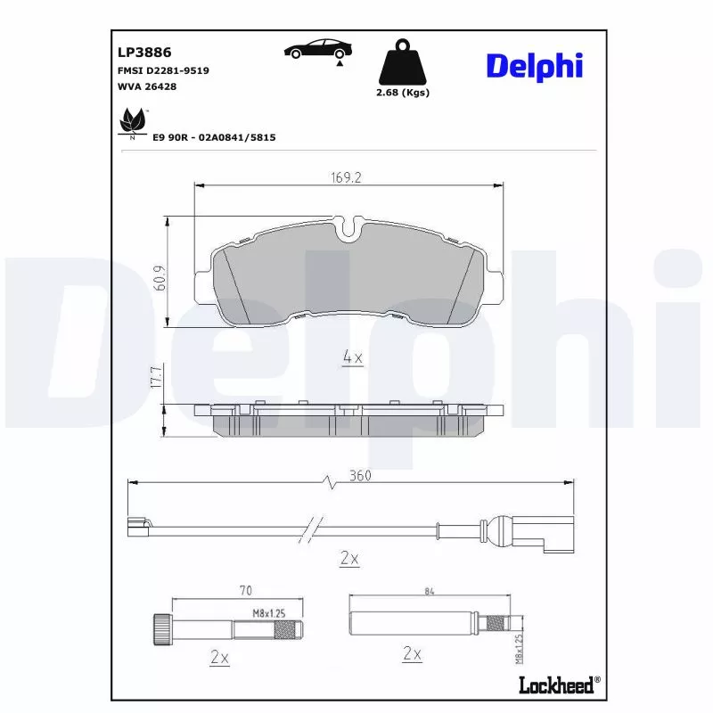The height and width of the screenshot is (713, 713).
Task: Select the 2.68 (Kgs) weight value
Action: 403,93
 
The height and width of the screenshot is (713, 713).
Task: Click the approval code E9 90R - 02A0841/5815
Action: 214,137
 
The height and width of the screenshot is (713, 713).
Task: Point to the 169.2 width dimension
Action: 345,177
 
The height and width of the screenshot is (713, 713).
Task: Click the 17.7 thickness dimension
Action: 155,377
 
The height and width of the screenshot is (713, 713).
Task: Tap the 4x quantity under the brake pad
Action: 353,358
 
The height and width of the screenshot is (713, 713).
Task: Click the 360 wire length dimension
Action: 360,476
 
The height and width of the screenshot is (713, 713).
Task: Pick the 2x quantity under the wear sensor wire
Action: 349,559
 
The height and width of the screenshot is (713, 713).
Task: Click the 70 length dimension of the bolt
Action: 247,590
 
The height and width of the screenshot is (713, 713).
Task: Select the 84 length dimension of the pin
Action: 430,590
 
